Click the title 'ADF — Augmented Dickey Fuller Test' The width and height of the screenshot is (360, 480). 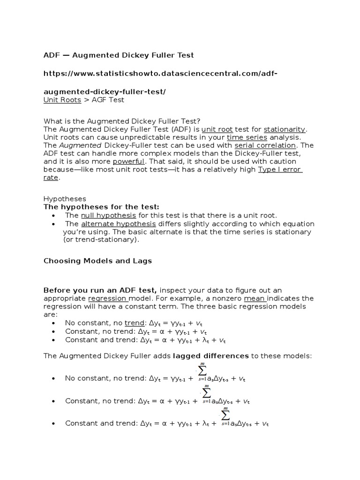point(119,55)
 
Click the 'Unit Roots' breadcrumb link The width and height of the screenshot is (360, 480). point(62,100)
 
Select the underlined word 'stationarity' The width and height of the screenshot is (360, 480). point(285,129)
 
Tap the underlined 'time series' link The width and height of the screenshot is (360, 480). point(247,137)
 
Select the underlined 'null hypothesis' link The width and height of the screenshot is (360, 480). point(108,215)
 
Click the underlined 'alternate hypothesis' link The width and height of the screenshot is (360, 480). point(118,224)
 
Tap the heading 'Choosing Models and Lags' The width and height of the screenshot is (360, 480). point(97,261)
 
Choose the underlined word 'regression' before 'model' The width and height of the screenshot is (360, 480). point(107,298)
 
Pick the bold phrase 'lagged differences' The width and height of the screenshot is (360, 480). point(211,356)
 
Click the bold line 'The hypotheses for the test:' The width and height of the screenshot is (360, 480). point(101,207)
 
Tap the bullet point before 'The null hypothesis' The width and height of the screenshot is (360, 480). point(54,215)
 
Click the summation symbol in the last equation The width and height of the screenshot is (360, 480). point(225,415)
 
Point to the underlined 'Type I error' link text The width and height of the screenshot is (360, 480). point(279,170)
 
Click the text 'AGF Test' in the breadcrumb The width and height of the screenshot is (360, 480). point(108,100)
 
